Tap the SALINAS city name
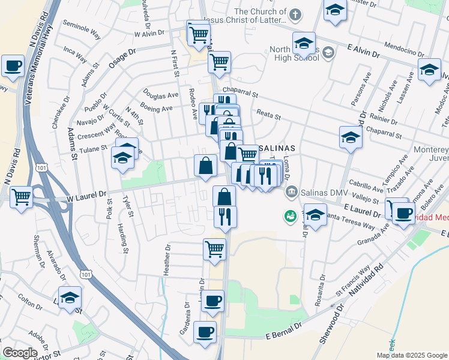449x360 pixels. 277,148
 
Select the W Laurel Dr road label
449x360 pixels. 80,194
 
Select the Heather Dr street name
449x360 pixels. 167,259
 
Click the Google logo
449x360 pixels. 19,353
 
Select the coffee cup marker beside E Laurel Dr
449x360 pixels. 404,212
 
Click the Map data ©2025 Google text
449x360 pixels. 412,355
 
